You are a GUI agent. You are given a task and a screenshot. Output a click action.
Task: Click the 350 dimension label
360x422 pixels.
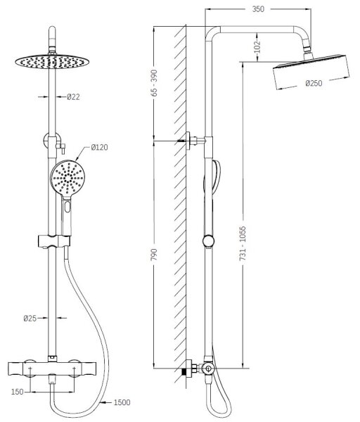coord(258,9)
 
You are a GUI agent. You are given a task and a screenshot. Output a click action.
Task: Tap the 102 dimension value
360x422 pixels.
coord(257,46)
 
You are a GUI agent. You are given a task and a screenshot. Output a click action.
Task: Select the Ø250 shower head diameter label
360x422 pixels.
coord(314,83)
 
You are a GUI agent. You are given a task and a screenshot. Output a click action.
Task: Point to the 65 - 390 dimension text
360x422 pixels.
coord(154,82)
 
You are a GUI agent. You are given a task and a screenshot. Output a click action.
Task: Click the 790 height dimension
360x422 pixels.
coord(154,255)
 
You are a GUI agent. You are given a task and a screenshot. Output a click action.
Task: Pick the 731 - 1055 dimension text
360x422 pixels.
coord(243,243)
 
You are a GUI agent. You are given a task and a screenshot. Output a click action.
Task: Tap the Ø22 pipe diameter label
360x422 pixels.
coord(73,96)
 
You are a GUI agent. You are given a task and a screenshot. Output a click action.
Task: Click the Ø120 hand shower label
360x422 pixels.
coord(99,147)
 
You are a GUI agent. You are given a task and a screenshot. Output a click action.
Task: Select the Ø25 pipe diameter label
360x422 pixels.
coord(30,319)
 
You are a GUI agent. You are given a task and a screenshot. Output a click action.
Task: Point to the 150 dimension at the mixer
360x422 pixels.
coord(17,392)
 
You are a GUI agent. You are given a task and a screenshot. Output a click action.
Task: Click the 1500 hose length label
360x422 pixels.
coord(122,402)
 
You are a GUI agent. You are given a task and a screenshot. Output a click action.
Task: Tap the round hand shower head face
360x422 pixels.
coord(67,178)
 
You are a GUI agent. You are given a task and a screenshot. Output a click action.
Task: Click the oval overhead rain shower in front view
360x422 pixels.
coord(51,62)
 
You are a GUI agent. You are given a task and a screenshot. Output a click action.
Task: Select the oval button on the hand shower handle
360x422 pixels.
coord(67,207)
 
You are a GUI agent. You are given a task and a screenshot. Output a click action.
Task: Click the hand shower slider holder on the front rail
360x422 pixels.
coord(54,241)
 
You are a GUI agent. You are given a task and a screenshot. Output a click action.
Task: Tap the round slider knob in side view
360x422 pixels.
coord(209,241)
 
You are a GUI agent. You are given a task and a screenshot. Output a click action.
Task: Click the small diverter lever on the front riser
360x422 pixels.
coord(62,148)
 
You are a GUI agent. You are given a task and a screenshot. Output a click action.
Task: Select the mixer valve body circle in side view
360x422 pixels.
coord(207,369)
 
